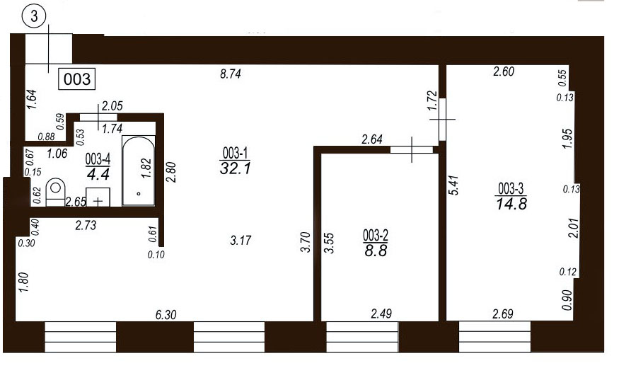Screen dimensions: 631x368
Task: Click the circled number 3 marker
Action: tap(34, 17)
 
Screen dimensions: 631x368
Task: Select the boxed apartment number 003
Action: tap(77, 79)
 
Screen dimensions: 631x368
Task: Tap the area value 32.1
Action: tap(236, 168)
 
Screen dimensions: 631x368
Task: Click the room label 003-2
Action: tap(376, 235)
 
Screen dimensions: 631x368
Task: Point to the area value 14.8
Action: tap(511, 204)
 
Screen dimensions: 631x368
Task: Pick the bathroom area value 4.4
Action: tap(98, 175)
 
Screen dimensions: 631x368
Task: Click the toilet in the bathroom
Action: tap(56, 192)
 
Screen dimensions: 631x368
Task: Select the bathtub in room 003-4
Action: tap(139, 171)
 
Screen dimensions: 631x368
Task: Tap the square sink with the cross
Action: tap(98, 197)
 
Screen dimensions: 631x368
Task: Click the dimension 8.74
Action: tap(231, 74)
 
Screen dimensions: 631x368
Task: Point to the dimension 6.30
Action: tap(166, 315)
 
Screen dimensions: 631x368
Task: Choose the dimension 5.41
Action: tap(453, 185)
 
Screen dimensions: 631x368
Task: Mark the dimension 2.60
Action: tap(504, 71)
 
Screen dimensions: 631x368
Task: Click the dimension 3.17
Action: tap(241, 241)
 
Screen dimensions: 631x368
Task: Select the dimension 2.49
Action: tap(381, 314)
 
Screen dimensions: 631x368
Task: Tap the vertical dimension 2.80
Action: tap(171, 172)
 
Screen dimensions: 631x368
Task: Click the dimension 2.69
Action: tap(503, 314)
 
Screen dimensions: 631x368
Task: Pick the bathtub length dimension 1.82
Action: tap(146, 168)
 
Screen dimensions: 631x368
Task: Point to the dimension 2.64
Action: tap(372, 139)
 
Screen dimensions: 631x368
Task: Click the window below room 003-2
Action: tap(361, 337)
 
